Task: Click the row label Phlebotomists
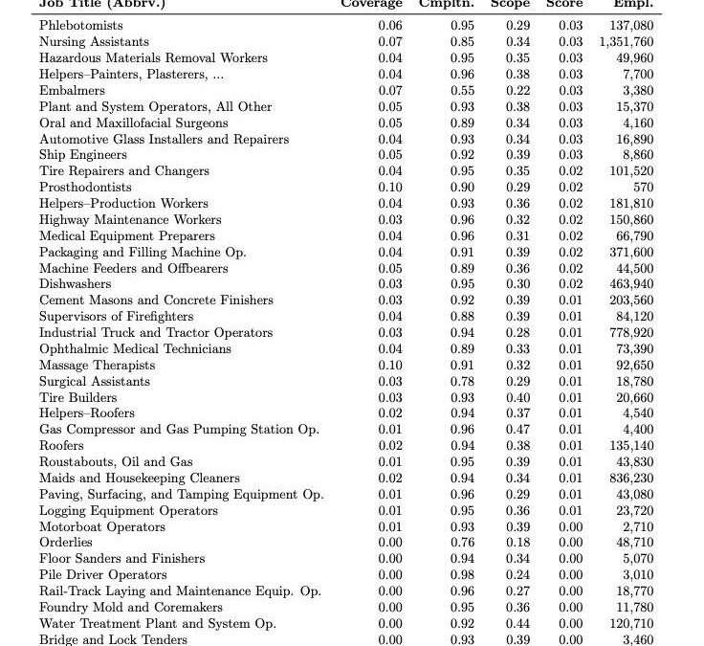click(80, 26)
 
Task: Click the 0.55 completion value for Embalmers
click(463, 91)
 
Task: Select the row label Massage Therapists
click(97, 366)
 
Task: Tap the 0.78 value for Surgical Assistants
click(463, 382)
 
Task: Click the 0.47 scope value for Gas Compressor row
click(517, 430)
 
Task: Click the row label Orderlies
click(66, 543)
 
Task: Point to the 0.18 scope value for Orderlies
click(517, 543)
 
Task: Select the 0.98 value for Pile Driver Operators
click(463, 575)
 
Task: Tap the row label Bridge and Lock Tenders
click(113, 639)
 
